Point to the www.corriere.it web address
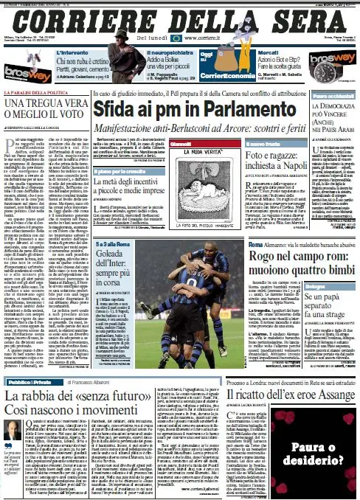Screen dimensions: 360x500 [x=204, y=36]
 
